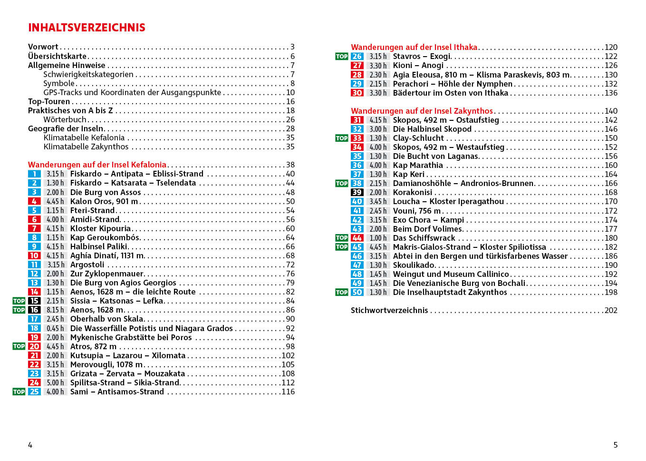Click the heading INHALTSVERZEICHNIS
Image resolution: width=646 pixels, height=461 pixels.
point(87,28)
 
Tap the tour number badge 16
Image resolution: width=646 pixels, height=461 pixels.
point(34,310)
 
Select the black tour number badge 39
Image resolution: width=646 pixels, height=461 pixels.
point(357,193)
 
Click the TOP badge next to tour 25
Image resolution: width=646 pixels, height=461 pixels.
point(19,392)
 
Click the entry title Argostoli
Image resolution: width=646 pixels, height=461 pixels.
point(87,265)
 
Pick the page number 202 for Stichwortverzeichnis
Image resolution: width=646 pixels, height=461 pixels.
point(611,311)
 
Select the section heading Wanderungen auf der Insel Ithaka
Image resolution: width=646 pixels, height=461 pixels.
point(414,48)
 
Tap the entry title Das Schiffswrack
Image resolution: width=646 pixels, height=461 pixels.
point(424,238)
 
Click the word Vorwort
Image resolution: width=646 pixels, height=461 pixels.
point(43,47)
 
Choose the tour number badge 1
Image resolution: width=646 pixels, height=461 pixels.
point(34,174)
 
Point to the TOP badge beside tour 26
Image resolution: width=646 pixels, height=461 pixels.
point(342,57)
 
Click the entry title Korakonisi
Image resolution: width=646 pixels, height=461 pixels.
point(413,193)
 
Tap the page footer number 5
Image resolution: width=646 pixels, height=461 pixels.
point(616,445)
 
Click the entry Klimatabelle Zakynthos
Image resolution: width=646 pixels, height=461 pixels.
point(86,147)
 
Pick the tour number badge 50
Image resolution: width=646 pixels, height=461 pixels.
point(357,293)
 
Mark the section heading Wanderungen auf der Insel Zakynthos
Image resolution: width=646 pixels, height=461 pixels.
point(422,111)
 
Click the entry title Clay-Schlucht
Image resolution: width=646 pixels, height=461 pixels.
point(418,138)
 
